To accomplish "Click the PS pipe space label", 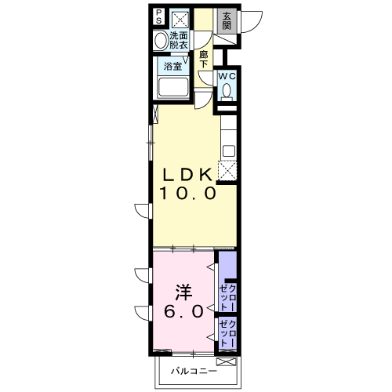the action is pos(159,16).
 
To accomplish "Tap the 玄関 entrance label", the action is pos(227,21).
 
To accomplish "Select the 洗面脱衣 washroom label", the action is pos(179,40).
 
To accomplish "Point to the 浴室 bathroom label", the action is pos(172,66).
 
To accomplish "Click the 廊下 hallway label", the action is pos(204,60).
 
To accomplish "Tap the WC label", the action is pos(227,76).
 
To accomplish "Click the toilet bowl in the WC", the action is pos(227,90).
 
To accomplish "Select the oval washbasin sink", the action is pos(160,40).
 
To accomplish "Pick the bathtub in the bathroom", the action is pos(173,88).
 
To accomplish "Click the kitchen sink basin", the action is pos(229,151).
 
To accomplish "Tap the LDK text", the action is pos(188,175).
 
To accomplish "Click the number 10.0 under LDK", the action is pos(188,193).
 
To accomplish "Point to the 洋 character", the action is pos(183,292).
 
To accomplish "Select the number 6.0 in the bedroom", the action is pos(183,311).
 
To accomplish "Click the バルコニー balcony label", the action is pos(194,371).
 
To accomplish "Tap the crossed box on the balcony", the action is pos(226,362).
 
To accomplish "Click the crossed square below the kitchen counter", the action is pos(227,171).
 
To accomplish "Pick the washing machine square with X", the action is pos(180,19).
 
